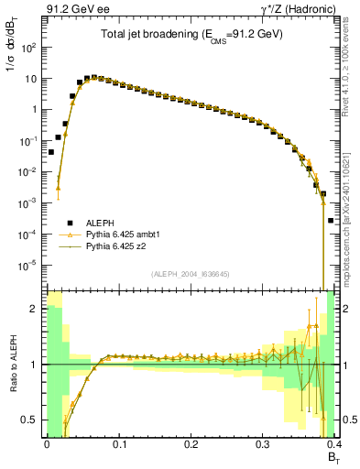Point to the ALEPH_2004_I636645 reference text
pos(189,274)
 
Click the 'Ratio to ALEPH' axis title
pos(13,364)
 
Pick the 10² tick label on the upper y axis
pos(29,47)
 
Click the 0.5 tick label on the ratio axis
pos(29,420)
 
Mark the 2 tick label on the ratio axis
pos(35,309)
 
